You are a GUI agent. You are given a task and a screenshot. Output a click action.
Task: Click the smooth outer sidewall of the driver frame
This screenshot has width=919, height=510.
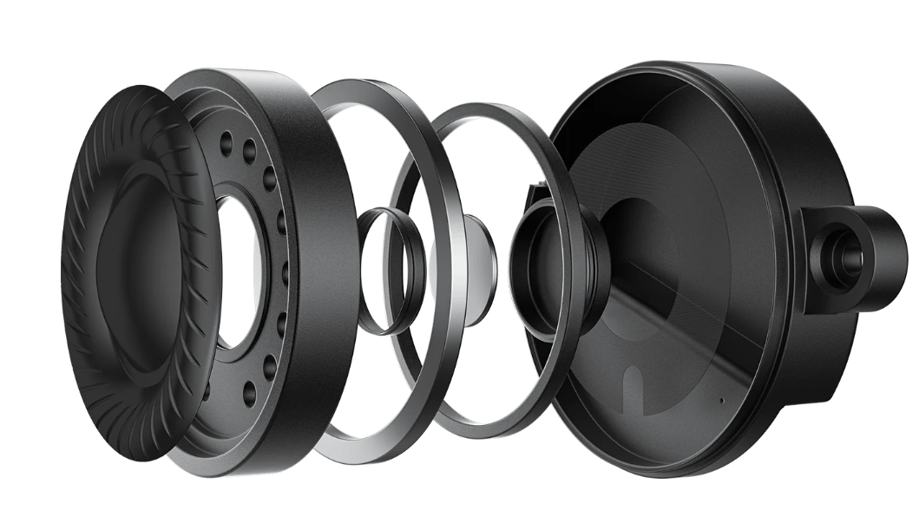[325, 260]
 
